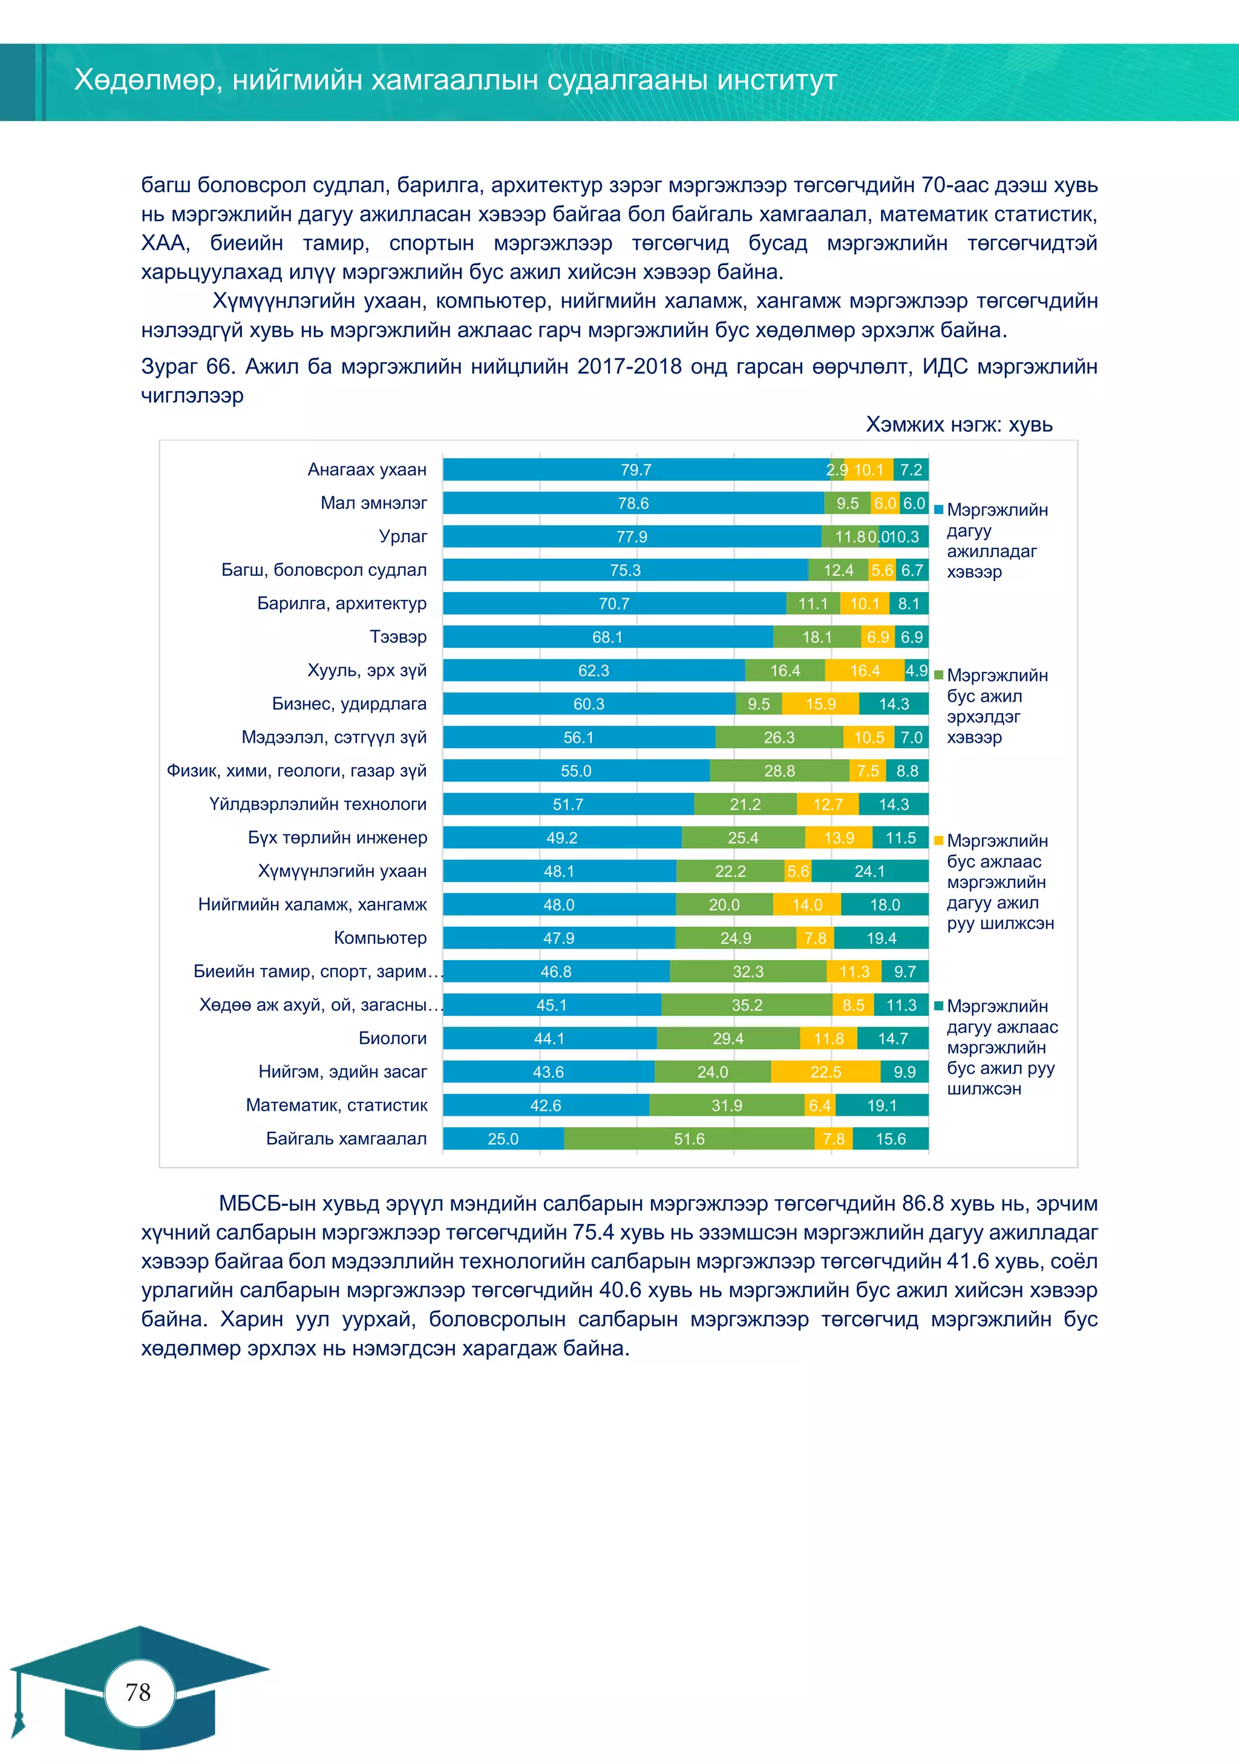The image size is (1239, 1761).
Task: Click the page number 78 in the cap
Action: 138,1692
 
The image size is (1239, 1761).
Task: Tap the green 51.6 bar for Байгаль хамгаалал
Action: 688,1139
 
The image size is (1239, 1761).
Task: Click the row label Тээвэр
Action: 398,637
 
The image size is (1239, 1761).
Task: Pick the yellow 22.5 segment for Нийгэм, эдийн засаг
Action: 825,1072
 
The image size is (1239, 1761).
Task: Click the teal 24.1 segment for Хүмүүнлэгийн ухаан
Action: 869,871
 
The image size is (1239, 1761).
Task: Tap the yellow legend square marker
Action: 938,841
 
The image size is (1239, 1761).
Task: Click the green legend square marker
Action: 938,675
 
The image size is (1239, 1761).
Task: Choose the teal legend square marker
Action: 938,1006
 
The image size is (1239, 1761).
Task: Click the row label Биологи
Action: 393,1038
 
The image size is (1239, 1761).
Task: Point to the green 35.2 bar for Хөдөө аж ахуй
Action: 746,1005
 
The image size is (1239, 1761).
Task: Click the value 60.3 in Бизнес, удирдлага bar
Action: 589,704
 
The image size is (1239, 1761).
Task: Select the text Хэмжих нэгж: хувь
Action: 958,424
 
